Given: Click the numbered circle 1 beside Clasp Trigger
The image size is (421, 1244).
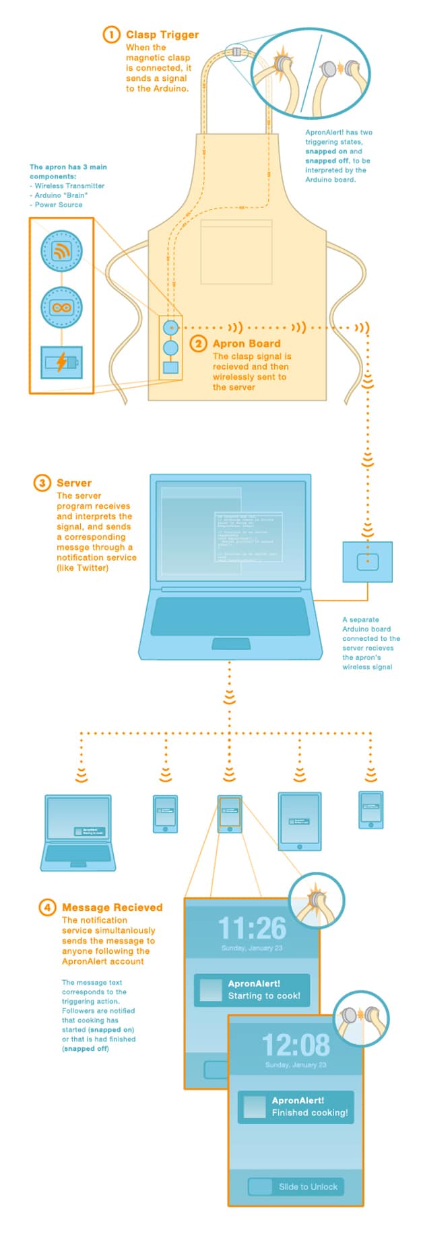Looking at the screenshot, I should (x=111, y=34).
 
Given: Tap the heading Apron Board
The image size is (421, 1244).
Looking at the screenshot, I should (x=247, y=343).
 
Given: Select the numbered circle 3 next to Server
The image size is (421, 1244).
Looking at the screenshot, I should (x=42, y=483).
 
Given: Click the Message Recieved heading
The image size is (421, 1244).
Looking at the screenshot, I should (x=112, y=907).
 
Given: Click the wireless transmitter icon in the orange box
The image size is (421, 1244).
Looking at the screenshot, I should (x=61, y=251).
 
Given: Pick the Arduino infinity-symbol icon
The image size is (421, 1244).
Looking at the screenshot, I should (x=61, y=308).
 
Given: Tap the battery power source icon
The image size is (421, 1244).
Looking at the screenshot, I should (x=61, y=362).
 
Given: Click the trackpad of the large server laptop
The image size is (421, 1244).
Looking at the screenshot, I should (x=230, y=644).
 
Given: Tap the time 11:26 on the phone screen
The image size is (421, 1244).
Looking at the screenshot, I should (x=252, y=928).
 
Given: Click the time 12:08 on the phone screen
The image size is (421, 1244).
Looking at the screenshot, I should (x=296, y=1045).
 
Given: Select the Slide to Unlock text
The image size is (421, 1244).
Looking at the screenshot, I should (x=308, y=1187).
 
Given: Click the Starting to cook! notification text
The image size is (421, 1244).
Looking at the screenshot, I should (x=264, y=996).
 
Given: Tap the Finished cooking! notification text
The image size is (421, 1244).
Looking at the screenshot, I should (x=310, y=1113).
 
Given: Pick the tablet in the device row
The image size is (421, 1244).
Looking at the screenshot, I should (x=300, y=821).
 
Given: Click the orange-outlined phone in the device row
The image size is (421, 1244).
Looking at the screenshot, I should (x=230, y=814).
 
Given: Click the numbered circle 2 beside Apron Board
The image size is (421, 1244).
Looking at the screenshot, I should (x=198, y=344).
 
